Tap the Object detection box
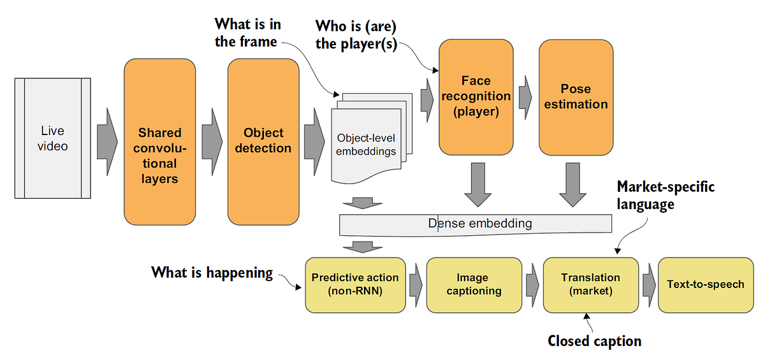click(263, 141)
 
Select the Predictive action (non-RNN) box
click(355, 284)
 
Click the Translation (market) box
click(590, 284)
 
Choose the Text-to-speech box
click(705, 284)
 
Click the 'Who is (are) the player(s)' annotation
click(356, 36)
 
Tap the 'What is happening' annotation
click(212, 273)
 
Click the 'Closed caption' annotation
click(594, 341)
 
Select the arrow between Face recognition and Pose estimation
click(525, 97)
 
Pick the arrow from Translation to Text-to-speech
click(648, 284)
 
